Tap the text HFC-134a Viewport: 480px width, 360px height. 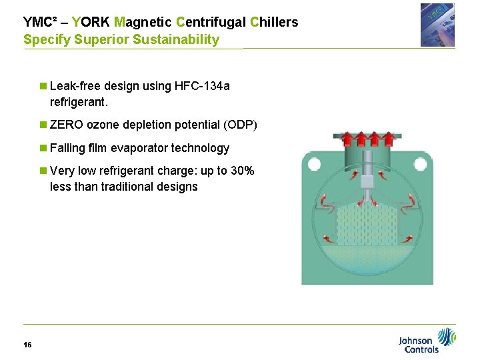click(x=202, y=86)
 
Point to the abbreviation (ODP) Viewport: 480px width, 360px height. click(x=241, y=125)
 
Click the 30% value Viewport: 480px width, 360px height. click(x=242, y=171)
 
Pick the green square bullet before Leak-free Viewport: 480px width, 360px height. click(x=43, y=86)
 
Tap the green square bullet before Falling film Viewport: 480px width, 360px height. click(x=43, y=148)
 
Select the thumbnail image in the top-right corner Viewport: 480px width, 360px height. click(x=437, y=25)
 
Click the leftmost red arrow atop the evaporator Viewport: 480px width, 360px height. click(x=345, y=139)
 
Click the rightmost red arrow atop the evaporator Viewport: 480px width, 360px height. click(x=391, y=139)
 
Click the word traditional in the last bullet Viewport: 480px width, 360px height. click(x=126, y=187)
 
